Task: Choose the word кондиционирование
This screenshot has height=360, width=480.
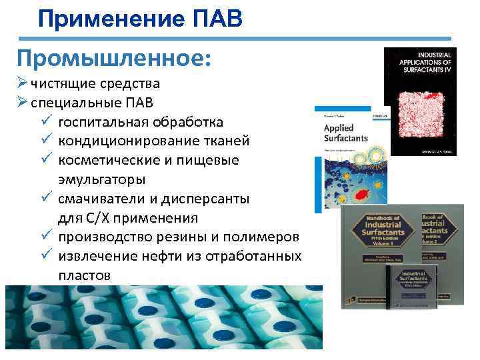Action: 126,141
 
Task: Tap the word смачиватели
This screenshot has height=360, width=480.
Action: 101,199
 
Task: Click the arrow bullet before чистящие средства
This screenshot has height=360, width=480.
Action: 22,84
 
